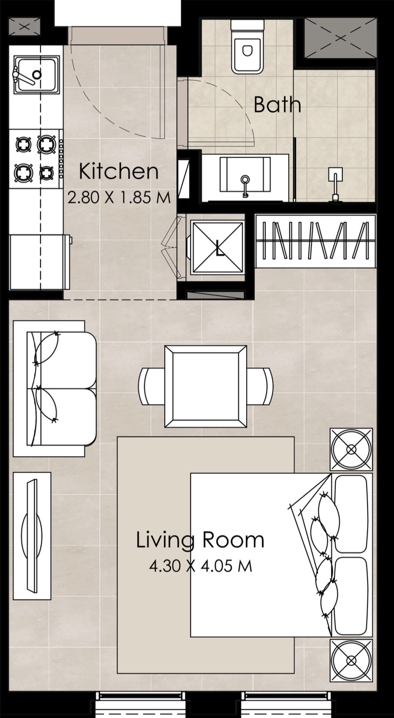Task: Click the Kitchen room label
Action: (x=118, y=171)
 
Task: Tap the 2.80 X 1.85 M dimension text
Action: (x=119, y=198)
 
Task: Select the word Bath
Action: (x=277, y=105)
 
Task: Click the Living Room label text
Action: (x=200, y=540)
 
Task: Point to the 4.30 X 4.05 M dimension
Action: (x=200, y=566)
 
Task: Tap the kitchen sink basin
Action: (x=36, y=74)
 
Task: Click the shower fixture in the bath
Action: (x=335, y=183)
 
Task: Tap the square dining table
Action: (x=206, y=386)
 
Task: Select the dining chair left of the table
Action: (x=150, y=386)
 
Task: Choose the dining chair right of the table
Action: (x=261, y=386)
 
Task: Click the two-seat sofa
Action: (x=61, y=389)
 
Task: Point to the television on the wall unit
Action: (x=32, y=536)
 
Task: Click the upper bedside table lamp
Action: (x=351, y=450)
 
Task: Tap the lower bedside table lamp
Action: (x=351, y=661)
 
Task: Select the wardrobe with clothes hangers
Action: (x=315, y=241)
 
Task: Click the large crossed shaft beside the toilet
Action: (x=340, y=38)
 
